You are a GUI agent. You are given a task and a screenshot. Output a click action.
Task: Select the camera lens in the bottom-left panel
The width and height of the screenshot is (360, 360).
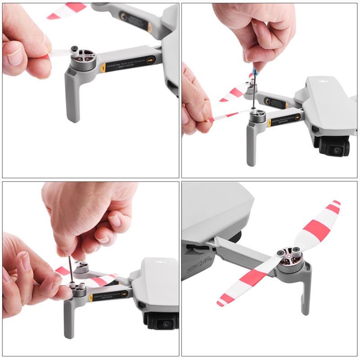coord(166,324)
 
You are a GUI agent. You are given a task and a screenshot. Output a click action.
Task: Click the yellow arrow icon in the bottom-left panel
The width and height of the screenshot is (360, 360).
coord(125,293)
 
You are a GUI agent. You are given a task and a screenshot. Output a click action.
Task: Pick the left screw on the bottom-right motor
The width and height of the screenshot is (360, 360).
coord(282,253)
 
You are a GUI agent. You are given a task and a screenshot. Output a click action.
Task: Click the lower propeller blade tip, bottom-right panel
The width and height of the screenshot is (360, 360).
coord(220,302)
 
